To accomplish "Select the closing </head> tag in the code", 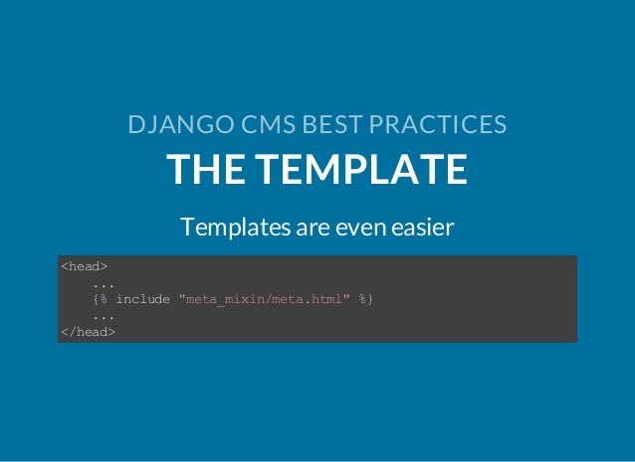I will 88,332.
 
